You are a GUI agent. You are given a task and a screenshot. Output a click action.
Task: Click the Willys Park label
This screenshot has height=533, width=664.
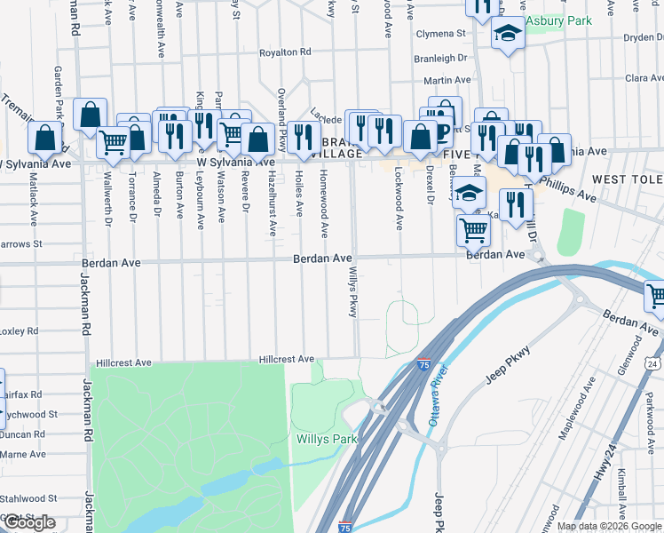coord(327,439)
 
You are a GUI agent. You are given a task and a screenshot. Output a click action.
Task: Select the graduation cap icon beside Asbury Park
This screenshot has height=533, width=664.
coord(508,35)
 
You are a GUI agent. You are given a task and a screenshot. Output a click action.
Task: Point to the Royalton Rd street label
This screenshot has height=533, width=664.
coord(284,52)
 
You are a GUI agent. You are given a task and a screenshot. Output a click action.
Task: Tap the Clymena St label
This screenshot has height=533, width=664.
coord(440,34)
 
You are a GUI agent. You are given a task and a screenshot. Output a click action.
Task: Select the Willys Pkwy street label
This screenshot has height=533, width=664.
coord(352,293)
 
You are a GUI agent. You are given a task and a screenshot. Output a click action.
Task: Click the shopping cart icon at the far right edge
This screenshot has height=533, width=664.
coord(656,296)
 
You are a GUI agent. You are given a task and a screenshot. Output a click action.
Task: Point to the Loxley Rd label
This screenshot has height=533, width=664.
coord(19,330)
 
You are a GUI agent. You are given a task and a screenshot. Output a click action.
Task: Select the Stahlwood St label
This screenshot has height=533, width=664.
coord(28,499)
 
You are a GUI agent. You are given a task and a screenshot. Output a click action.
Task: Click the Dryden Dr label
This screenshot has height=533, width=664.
coord(644,37)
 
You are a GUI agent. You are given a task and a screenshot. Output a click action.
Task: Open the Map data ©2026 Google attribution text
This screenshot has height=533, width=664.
coord(609,525)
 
